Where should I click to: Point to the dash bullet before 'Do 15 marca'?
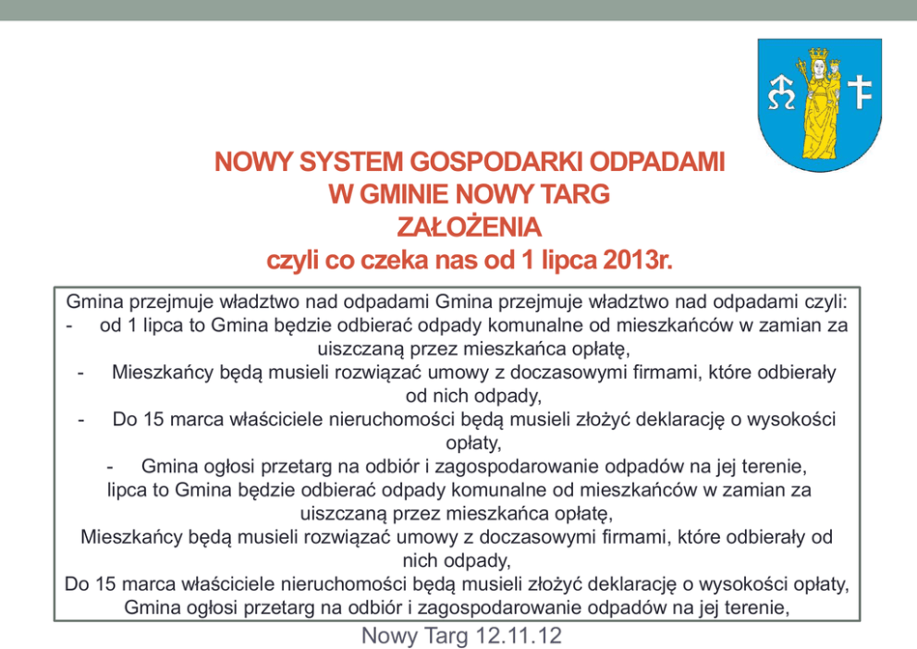tap(83, 419)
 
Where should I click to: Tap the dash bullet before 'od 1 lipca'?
tap(70, 324)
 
